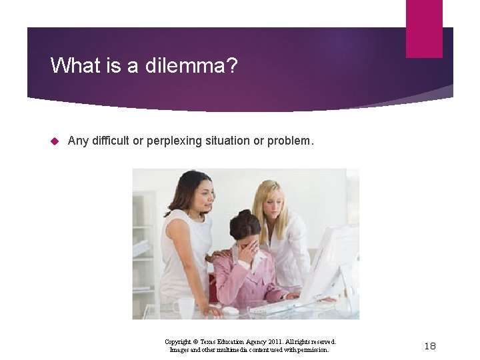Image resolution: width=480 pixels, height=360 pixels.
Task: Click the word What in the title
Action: coord(72,65)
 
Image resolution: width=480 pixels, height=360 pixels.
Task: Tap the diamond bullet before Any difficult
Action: coord(55,141)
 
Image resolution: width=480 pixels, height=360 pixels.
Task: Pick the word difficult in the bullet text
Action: coord(117,141)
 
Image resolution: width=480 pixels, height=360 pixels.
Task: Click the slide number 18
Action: coord(430,345)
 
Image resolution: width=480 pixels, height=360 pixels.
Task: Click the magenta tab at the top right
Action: coord(424,29)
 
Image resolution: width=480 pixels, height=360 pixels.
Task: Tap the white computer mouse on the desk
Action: coord(230,311)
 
